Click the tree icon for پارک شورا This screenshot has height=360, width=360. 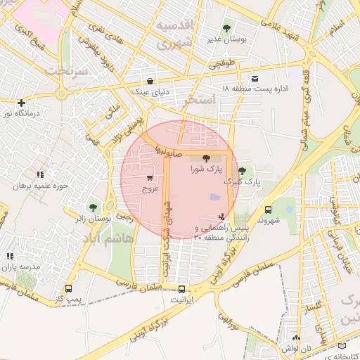click(205, 159)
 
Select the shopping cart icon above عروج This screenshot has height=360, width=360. click(151, 178)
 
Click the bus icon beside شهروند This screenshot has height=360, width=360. click(268, 210)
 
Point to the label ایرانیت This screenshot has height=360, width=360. click(181, 300)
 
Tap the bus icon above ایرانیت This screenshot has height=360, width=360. click(182, 289)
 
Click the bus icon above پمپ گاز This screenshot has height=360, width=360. click(68, 288)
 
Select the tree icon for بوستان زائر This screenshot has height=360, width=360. click(92, 207)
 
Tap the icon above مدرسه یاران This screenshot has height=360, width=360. click(10, 257)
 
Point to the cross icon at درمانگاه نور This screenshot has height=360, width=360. click(22, 102)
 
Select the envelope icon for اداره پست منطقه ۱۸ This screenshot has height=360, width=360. click(254, 78)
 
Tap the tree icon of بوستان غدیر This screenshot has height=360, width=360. click(226, 29)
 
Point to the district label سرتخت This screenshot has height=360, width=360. click(67, 72)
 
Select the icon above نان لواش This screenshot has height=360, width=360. click(296, 338)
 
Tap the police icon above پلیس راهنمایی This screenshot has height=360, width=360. click(222, 217)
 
